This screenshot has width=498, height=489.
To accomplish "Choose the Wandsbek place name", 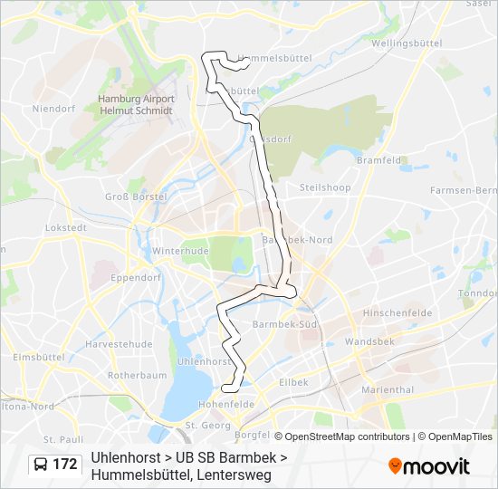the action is [x=369, y=342].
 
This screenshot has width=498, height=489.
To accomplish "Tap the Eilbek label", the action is [x=294, y=382].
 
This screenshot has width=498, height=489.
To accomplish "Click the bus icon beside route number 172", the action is [x=42, y=465].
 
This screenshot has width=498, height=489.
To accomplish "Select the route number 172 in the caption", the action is [x=65, y=465].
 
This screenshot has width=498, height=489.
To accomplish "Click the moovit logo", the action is [x=429, y=465].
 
